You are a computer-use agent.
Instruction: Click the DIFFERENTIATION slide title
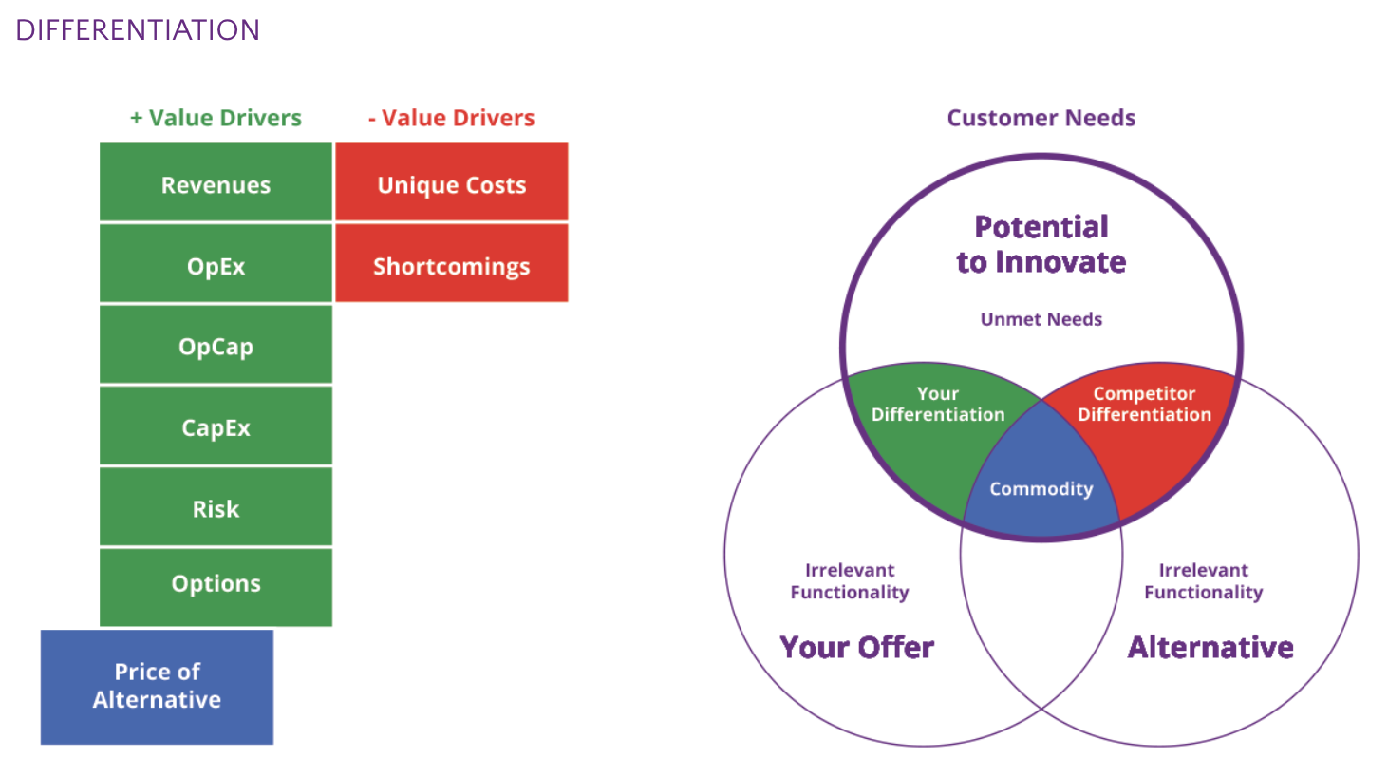138,30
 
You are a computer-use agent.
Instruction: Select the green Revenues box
216,184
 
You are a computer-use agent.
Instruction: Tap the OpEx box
216,266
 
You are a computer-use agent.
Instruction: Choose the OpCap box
216,347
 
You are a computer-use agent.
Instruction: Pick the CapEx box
216,427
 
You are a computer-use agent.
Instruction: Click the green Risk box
216,509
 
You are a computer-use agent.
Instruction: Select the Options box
216,584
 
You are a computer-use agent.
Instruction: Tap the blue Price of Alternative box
157,686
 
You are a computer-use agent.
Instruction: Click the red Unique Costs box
452,184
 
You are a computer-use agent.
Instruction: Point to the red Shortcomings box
452,266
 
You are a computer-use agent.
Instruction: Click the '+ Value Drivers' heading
216,118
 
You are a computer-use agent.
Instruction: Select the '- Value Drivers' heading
452,118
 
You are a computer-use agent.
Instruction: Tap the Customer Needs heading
1041,118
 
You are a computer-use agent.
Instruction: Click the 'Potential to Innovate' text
1041,244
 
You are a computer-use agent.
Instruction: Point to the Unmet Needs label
1041,319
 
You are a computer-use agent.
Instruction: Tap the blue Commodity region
1041,488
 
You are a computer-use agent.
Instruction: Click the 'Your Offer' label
857,647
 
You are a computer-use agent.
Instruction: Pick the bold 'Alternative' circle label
1210,647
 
